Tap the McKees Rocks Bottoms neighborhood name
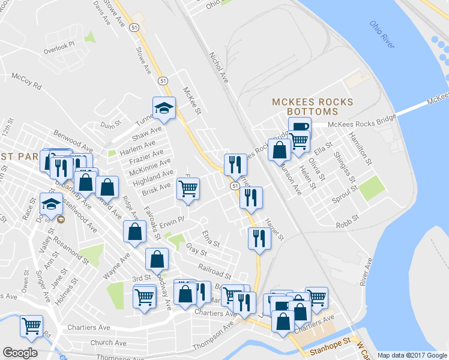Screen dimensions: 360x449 tap(312, 107)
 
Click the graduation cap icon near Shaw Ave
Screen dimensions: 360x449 tap(164, 108)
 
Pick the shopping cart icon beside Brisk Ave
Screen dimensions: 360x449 tap(188, 189)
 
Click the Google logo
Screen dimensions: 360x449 tap(20, 353)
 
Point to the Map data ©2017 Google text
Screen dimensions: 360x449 tap(412, 355)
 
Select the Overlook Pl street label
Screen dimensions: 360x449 tap(59, 48)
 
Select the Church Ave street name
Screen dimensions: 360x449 tap(108, 343)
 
